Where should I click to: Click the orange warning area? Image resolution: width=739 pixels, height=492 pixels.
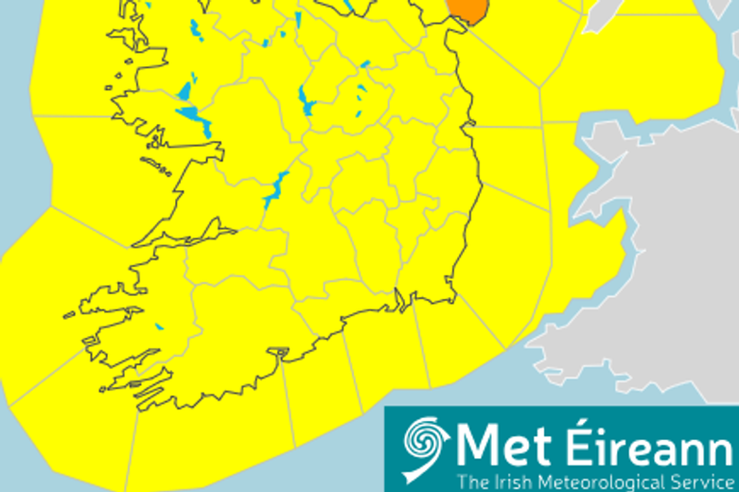point(466,11)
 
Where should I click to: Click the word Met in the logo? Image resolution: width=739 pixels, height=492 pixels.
point(493,445)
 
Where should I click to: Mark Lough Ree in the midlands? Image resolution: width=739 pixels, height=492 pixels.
point(306,98)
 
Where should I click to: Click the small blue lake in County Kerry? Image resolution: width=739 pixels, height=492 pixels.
point(159,327)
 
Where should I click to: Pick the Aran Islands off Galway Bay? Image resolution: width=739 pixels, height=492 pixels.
point(156,165)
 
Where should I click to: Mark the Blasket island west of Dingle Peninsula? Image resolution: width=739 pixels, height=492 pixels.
point(68,314)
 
